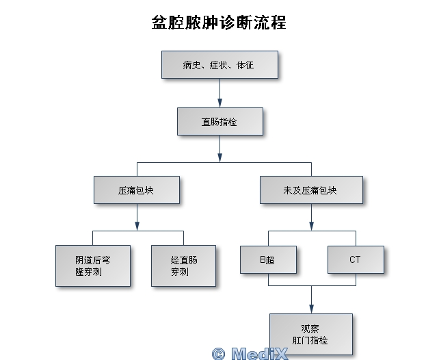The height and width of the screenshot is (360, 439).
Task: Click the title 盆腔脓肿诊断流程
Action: pyautogui.click(x=219, y=23)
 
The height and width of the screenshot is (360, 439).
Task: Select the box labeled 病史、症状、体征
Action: pyautogui.click(x=219, y=65)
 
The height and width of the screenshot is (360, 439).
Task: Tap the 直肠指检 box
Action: pyautogui.click(x=219, y=122)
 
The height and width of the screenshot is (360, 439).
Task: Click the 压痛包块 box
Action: pyautogui.click(x=137, y=190)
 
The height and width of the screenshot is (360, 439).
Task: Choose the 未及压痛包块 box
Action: pyautogui.click(x=311, y=190)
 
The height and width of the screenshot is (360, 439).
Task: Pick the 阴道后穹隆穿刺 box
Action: pyautogui.click(x=93, y=266)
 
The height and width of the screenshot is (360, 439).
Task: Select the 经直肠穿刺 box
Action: pyautogui.click(x=183, y=266)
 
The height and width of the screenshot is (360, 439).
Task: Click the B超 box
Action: pyautogui.click(x=268, y=260)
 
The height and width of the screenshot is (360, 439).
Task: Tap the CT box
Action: pyautogui.click(x=356, y=260)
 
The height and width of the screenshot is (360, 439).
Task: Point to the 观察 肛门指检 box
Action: pyautogui.click(x=311, y=334)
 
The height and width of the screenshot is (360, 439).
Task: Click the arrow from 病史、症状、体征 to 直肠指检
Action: pyautogui.click(x=219, y=92)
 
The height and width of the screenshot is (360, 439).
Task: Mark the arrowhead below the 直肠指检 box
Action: pyautogui.click(x=219, y=157)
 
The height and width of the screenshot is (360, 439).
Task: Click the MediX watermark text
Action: pyautogui.click(x=259, y=354)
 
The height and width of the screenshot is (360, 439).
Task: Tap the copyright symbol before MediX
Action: pyautogui.click(x=218, y=354)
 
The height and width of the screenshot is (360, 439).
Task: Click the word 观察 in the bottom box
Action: pyautogui.click(x=310, y=328)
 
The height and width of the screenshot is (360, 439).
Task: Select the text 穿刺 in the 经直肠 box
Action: pyautogui.click(x=179, y=272)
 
